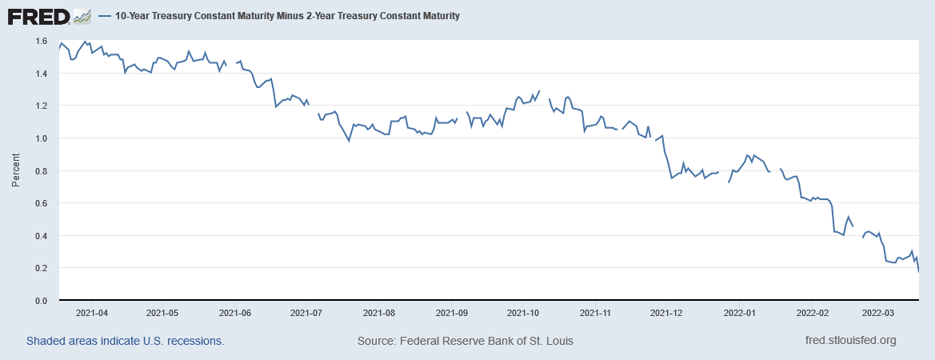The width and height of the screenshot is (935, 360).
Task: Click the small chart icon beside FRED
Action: coord(82,16)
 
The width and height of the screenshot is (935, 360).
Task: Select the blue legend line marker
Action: coord(103,16)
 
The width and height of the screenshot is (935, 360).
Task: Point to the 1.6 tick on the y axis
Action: coord(41,41)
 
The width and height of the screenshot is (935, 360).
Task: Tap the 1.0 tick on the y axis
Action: coord(41,138)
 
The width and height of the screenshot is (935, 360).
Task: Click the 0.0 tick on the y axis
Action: coord(41,301)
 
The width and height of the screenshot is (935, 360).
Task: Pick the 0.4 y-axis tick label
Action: coord(41,236)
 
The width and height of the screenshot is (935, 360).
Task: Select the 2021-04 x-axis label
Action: coord(90,313)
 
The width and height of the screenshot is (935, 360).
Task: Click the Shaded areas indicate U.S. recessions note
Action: coord(125,341)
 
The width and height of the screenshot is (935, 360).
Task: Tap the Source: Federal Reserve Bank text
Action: coord(466,341)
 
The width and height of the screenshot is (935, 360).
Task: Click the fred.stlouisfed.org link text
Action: coord(850,341)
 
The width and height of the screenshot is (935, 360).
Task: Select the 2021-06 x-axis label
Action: coord(234,313)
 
